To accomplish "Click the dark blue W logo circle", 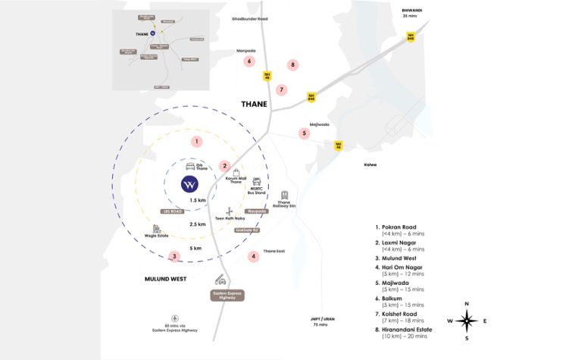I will [191, 184].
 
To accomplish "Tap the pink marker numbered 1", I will [197, 141].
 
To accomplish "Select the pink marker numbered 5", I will [305, 133].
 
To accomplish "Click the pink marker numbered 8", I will [292, 65].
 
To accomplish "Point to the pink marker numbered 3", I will [174, 256].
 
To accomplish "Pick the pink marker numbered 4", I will [254, 256].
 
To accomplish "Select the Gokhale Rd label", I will [246, 230].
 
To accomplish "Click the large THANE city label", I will [254, 104].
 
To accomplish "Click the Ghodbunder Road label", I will [251, 18].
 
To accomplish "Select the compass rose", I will [467, 321].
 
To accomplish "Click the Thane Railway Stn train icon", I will [285, 196].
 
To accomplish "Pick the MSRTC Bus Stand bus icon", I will [257, 182].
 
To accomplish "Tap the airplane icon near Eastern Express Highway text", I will [176, 317].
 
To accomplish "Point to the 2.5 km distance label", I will [198, 225].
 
